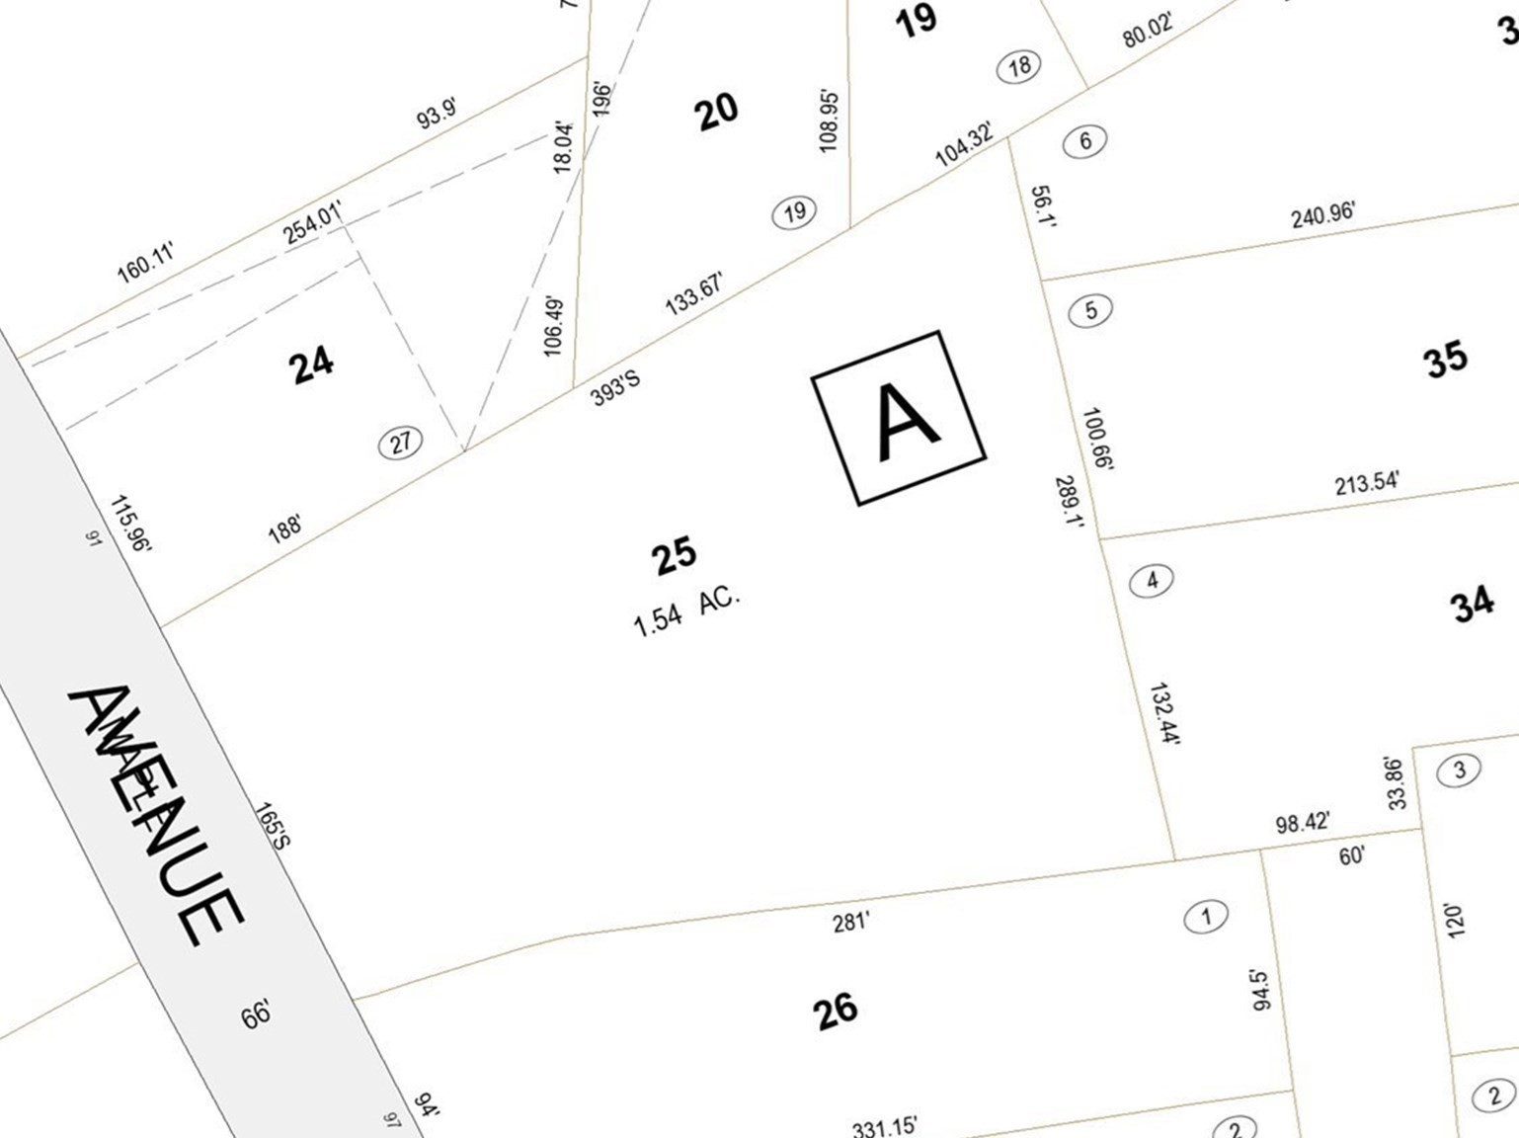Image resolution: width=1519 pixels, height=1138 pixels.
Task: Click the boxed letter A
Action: [899, 418]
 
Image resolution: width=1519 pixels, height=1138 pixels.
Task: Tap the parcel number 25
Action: [675, 556]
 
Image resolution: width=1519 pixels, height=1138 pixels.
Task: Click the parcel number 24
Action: [312, 365]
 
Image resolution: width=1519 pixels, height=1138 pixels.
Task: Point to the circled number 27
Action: [400, 443]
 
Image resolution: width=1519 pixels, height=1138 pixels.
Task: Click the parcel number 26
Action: [836, 1011]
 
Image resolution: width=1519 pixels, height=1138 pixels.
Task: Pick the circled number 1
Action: [1205, 917]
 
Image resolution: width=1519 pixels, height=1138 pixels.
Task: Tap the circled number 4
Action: [1151, 580]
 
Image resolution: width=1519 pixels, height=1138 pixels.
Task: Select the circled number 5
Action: [1090, 310]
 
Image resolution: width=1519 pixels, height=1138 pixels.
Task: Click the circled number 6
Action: [1084, 141]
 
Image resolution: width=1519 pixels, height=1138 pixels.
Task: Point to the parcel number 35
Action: [1445, 359]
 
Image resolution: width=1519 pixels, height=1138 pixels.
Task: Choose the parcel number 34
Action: [1472, 604]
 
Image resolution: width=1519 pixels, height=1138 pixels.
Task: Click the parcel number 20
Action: [717, 111]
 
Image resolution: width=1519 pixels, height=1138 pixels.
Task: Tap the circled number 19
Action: [794, 211]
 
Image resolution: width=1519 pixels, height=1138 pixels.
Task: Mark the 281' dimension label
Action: [850, 922]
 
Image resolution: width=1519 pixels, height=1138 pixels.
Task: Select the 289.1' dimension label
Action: [1070, 502]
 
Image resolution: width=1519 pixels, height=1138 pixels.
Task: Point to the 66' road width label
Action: [256, 1015]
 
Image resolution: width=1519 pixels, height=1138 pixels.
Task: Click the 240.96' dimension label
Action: [1322, 214]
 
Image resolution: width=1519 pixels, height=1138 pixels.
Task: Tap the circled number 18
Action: [1019, 66]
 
